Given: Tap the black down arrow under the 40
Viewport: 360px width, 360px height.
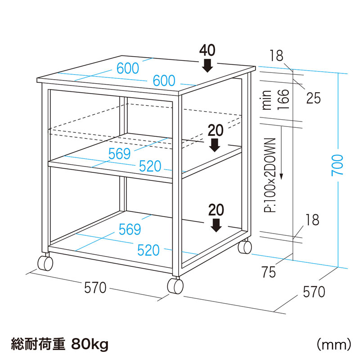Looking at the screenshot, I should click(207, 66).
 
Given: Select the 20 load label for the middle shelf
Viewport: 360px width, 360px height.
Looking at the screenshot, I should click(216, 130).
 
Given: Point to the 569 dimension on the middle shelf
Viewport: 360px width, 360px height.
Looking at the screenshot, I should click(119, 153).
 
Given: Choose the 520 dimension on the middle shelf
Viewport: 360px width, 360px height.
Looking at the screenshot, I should click(149, 166).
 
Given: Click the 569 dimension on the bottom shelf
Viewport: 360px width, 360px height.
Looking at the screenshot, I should click(130, 229).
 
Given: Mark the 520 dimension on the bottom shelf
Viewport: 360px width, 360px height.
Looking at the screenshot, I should click(148, 250).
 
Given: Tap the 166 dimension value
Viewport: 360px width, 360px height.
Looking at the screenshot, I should click(282, 99).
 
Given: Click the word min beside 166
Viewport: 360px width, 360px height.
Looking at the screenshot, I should click(267, 100).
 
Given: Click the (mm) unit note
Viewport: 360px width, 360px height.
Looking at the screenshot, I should click(333, 345).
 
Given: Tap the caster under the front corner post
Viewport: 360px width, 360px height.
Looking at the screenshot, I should click(175, 286).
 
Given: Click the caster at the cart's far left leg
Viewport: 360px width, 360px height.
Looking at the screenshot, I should click(45, 263).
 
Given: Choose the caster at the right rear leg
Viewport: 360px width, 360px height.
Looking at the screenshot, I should click(245, 247).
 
